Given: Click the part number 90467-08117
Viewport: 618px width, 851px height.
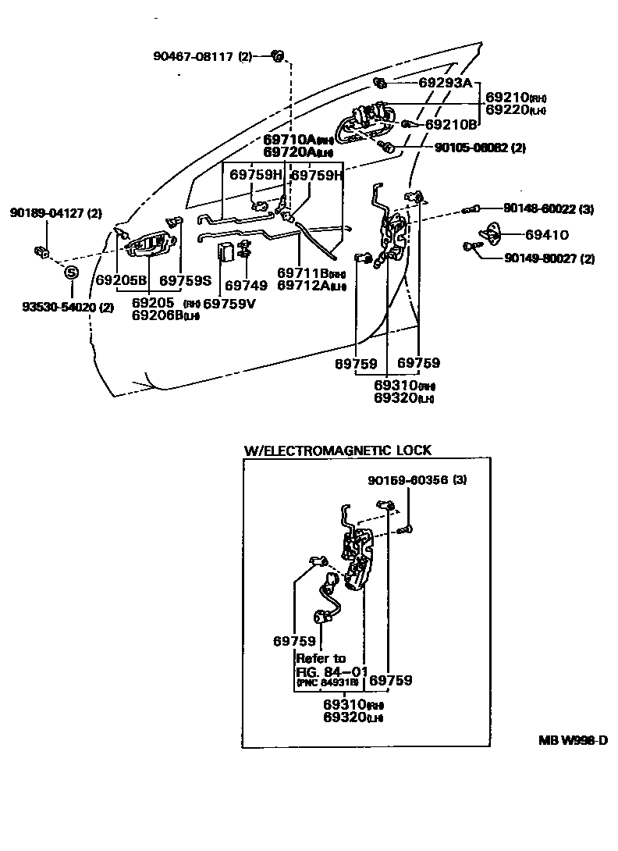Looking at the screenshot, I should pyautogui.click(x=193, y=55).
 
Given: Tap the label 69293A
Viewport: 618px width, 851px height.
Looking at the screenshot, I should pyautogui.click(x=445, y=82).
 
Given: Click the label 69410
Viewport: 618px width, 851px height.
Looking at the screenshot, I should pyautogui.click(x=546, y=233).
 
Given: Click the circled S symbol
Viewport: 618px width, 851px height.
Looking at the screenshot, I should pyautogui.click(x=71, y=272).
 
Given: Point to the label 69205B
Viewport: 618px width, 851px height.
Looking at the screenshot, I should pyautogui.click(x=121, y=280).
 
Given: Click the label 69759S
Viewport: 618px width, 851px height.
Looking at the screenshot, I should pyautogui.click(x=186, y=280).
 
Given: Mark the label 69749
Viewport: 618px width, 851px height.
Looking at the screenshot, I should pyautogui.click(x=246, y=287).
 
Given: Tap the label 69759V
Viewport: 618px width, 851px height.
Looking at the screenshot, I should pyautogui.click(x=229, y=303).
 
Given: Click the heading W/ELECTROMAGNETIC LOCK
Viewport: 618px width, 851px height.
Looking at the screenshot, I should pyautogui.click(x=337, y=450).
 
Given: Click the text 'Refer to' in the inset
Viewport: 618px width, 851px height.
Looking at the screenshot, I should pyautogui.click(x=320, y=658).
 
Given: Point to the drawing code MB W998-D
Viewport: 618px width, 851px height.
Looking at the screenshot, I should pyautogui.click(x=572, y=740).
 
